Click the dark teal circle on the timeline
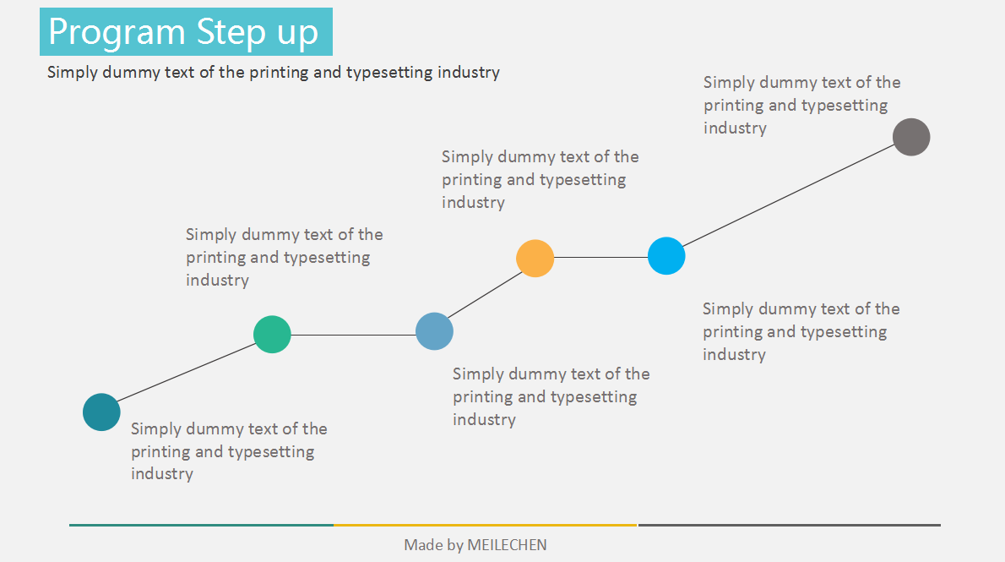click(x=101, y=412)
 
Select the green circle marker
click(x=272, y=335)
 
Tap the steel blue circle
click(x=434, y=330)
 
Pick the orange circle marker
click(x=535, y=258)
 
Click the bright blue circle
click(x=666, y=256)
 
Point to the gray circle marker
click(x=911, y=137)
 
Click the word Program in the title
click(x=117, y=32)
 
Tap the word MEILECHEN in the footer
click(x=507, y=545)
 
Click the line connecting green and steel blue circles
click(x=353, y=336)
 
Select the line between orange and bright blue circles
click(x=600, y=257)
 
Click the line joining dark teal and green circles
click(x=187, y=374)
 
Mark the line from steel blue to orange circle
click(x=485, y=294)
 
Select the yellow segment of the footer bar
click(x=485, y=525)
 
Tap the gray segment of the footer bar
click(x=789, y=525)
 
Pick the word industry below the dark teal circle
click(x=162, y=474)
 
